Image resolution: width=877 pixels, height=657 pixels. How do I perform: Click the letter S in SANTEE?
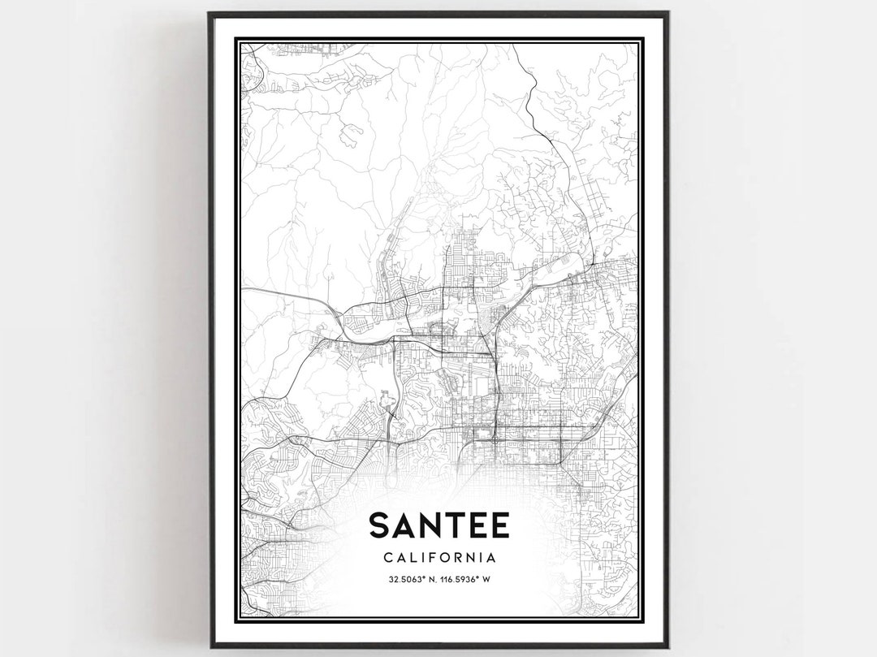coord(380,525)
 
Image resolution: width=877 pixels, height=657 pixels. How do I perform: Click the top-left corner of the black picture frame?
coord(209,13)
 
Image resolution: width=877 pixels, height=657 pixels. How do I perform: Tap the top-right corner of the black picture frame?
coord(667,13)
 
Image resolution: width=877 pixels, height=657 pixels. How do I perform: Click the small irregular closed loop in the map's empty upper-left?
coord(350,135)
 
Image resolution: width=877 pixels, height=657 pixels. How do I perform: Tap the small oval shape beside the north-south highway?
coord(386,403)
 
